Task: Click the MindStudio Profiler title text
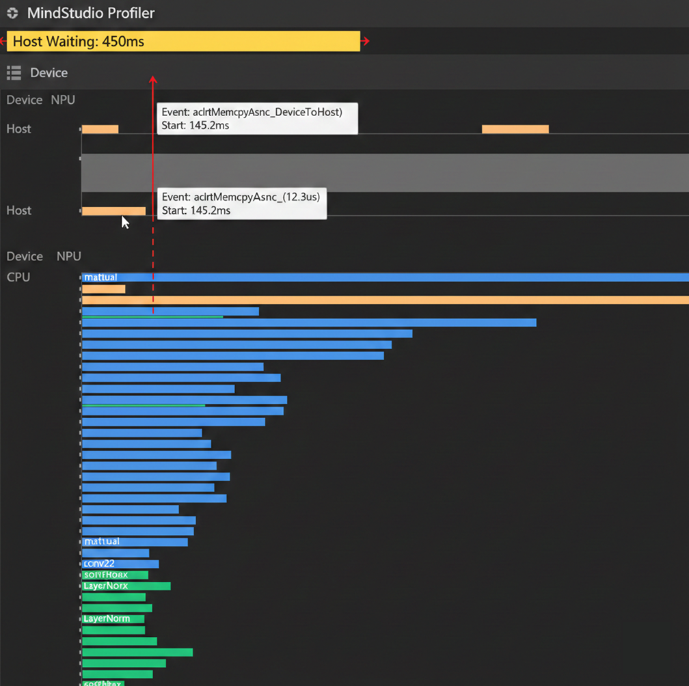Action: pos(91,13)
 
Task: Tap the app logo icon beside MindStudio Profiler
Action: pos(12,13)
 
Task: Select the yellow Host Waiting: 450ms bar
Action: pos(183,41)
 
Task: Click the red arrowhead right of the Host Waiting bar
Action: pos(366,41)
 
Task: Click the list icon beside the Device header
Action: pos(13,72)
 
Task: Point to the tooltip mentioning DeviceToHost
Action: pos(257,119)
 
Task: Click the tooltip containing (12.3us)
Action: pos(241,204)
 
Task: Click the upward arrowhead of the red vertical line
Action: pos(153,80)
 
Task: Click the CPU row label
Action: pos(18,277)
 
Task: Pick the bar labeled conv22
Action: pos(120,564)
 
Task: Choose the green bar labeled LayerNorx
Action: pos(126,586)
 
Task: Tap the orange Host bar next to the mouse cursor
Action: pos(113,211)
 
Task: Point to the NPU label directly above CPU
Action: pos(68,256)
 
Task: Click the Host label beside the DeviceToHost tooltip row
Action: pos(18,128)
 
